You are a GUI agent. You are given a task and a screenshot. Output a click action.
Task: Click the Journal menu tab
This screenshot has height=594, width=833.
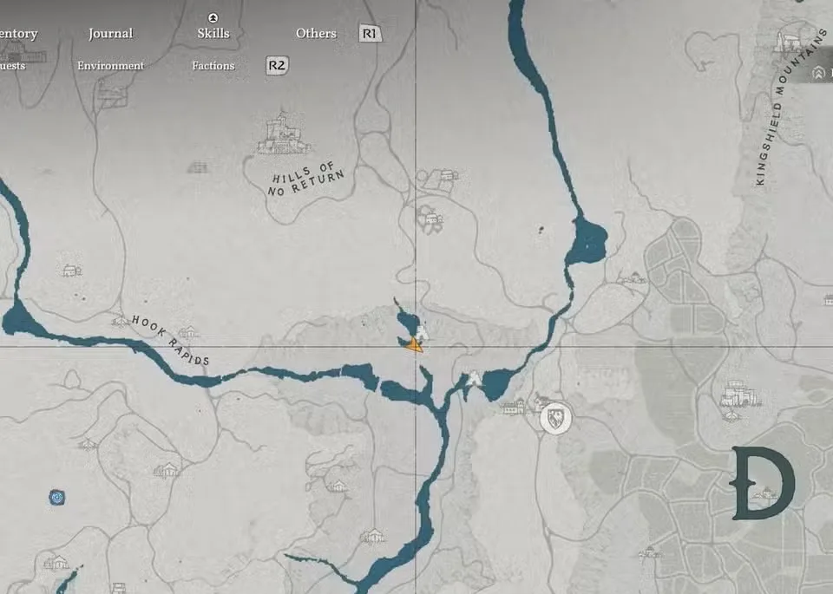click(110, 34)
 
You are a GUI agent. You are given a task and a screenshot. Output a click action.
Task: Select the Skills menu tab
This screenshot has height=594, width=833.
click(213, 33)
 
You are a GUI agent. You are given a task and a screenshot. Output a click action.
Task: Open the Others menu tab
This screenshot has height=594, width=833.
click(316, 34)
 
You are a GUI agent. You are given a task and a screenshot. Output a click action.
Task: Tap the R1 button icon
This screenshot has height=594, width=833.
click(371, 34)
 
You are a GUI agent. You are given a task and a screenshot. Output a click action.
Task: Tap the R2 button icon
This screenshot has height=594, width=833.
click(277, 65)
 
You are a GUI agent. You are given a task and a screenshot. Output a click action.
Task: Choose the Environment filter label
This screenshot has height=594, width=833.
click(110, 66)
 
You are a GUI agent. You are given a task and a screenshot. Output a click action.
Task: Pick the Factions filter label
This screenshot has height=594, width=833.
click(213, 66)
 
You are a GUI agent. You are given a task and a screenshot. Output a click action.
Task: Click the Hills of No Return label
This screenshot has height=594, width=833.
click(305, 179)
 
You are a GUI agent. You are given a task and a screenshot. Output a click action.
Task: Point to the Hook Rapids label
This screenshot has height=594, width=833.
click(171, 339)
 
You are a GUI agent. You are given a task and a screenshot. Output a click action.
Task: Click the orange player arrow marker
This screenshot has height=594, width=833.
click(414, 345)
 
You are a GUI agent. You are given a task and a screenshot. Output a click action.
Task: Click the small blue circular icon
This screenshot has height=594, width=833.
click(57, 498)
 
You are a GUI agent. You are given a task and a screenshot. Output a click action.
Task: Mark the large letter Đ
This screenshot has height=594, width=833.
click(763, 483)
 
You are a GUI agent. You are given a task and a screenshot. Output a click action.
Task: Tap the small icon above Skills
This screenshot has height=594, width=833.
click(213, 17)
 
